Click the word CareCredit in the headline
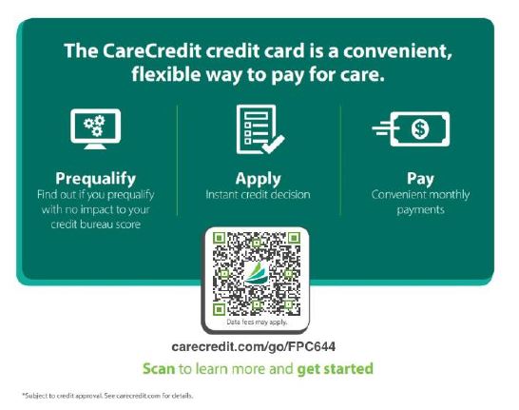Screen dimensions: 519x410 151,51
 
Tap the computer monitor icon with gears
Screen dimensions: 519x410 96,128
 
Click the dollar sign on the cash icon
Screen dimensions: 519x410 420,128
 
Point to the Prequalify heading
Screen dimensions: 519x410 96,179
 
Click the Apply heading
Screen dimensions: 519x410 259,179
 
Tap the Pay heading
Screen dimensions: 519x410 420,179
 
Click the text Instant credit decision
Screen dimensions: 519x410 258,194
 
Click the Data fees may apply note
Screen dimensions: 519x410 257,322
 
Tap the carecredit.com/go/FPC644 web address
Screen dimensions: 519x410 254,347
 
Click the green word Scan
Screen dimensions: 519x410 159,368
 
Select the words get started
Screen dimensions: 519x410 335,369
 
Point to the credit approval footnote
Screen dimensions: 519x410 107,396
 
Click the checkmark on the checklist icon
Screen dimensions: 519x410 274,145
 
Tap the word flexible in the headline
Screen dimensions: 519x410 166,74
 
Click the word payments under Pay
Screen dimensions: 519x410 420,210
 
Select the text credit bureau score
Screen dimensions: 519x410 96,225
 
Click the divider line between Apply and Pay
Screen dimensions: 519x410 340,161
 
